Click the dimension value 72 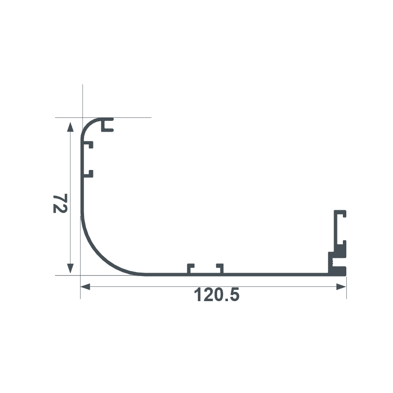click(x=59, y=203)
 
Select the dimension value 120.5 click(x=217, y=295)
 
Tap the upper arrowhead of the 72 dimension click(x=70, y=127)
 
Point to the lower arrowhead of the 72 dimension click(x=70, y=268)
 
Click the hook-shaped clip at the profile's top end click(x=107, y=125)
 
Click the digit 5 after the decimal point click(x=233, y=295)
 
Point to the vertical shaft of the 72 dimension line click(x=70, y=196)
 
